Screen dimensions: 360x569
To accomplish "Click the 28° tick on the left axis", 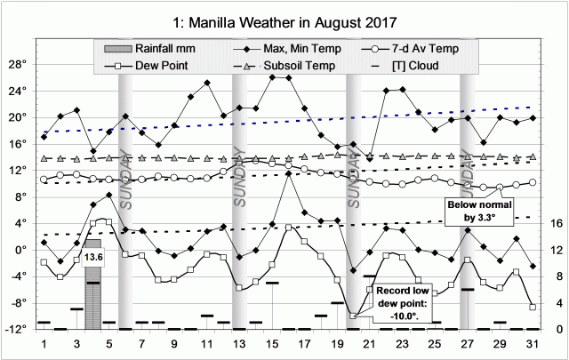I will tap(17, 65).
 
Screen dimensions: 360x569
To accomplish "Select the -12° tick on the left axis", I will tap(15, 329).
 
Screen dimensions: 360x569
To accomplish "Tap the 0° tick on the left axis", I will tap(20, 250).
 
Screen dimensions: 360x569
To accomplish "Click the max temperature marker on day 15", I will tap(272, 77).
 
